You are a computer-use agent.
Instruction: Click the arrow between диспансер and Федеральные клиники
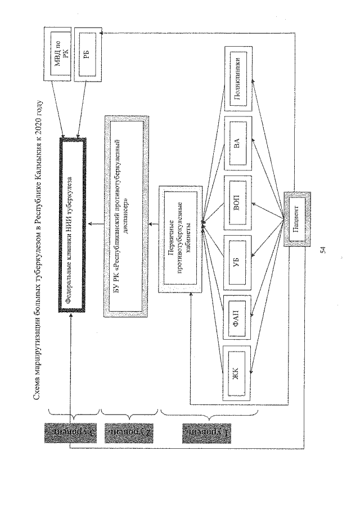(97, 225)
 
